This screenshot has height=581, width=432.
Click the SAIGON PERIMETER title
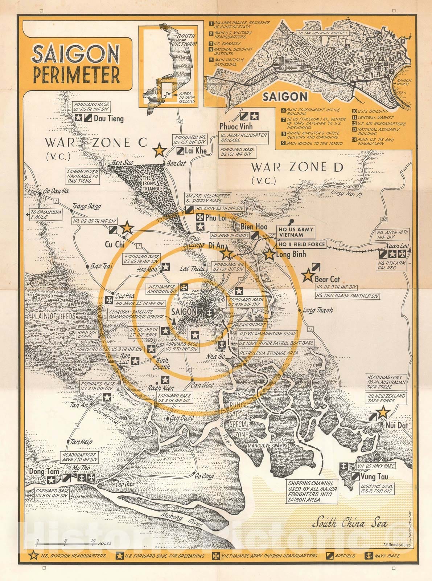pyautogui.click(x=75, y=64)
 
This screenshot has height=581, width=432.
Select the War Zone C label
pyautogui.click(x=96, y=143)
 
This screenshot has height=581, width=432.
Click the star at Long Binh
pyautogui.click(x=269, y=254)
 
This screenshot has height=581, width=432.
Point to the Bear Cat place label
pyautogui.click(x=327, y=279)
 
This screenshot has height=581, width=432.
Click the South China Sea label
pyautogui.click(x=350, y=523)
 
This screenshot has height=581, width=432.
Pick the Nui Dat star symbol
pyautogui.click(x=383, y=413)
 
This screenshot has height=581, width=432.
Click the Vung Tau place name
pyautogui.click(x=374, y=476)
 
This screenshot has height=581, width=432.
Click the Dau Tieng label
pyautogui.click(x=108, y=118)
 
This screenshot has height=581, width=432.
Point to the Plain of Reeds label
pyautogui.click(x=54, y=316)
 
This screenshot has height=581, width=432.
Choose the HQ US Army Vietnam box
pyautogui.click(x=296, y=232)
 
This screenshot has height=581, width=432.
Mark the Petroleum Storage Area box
pyautogui.click(x=269, y=353)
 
